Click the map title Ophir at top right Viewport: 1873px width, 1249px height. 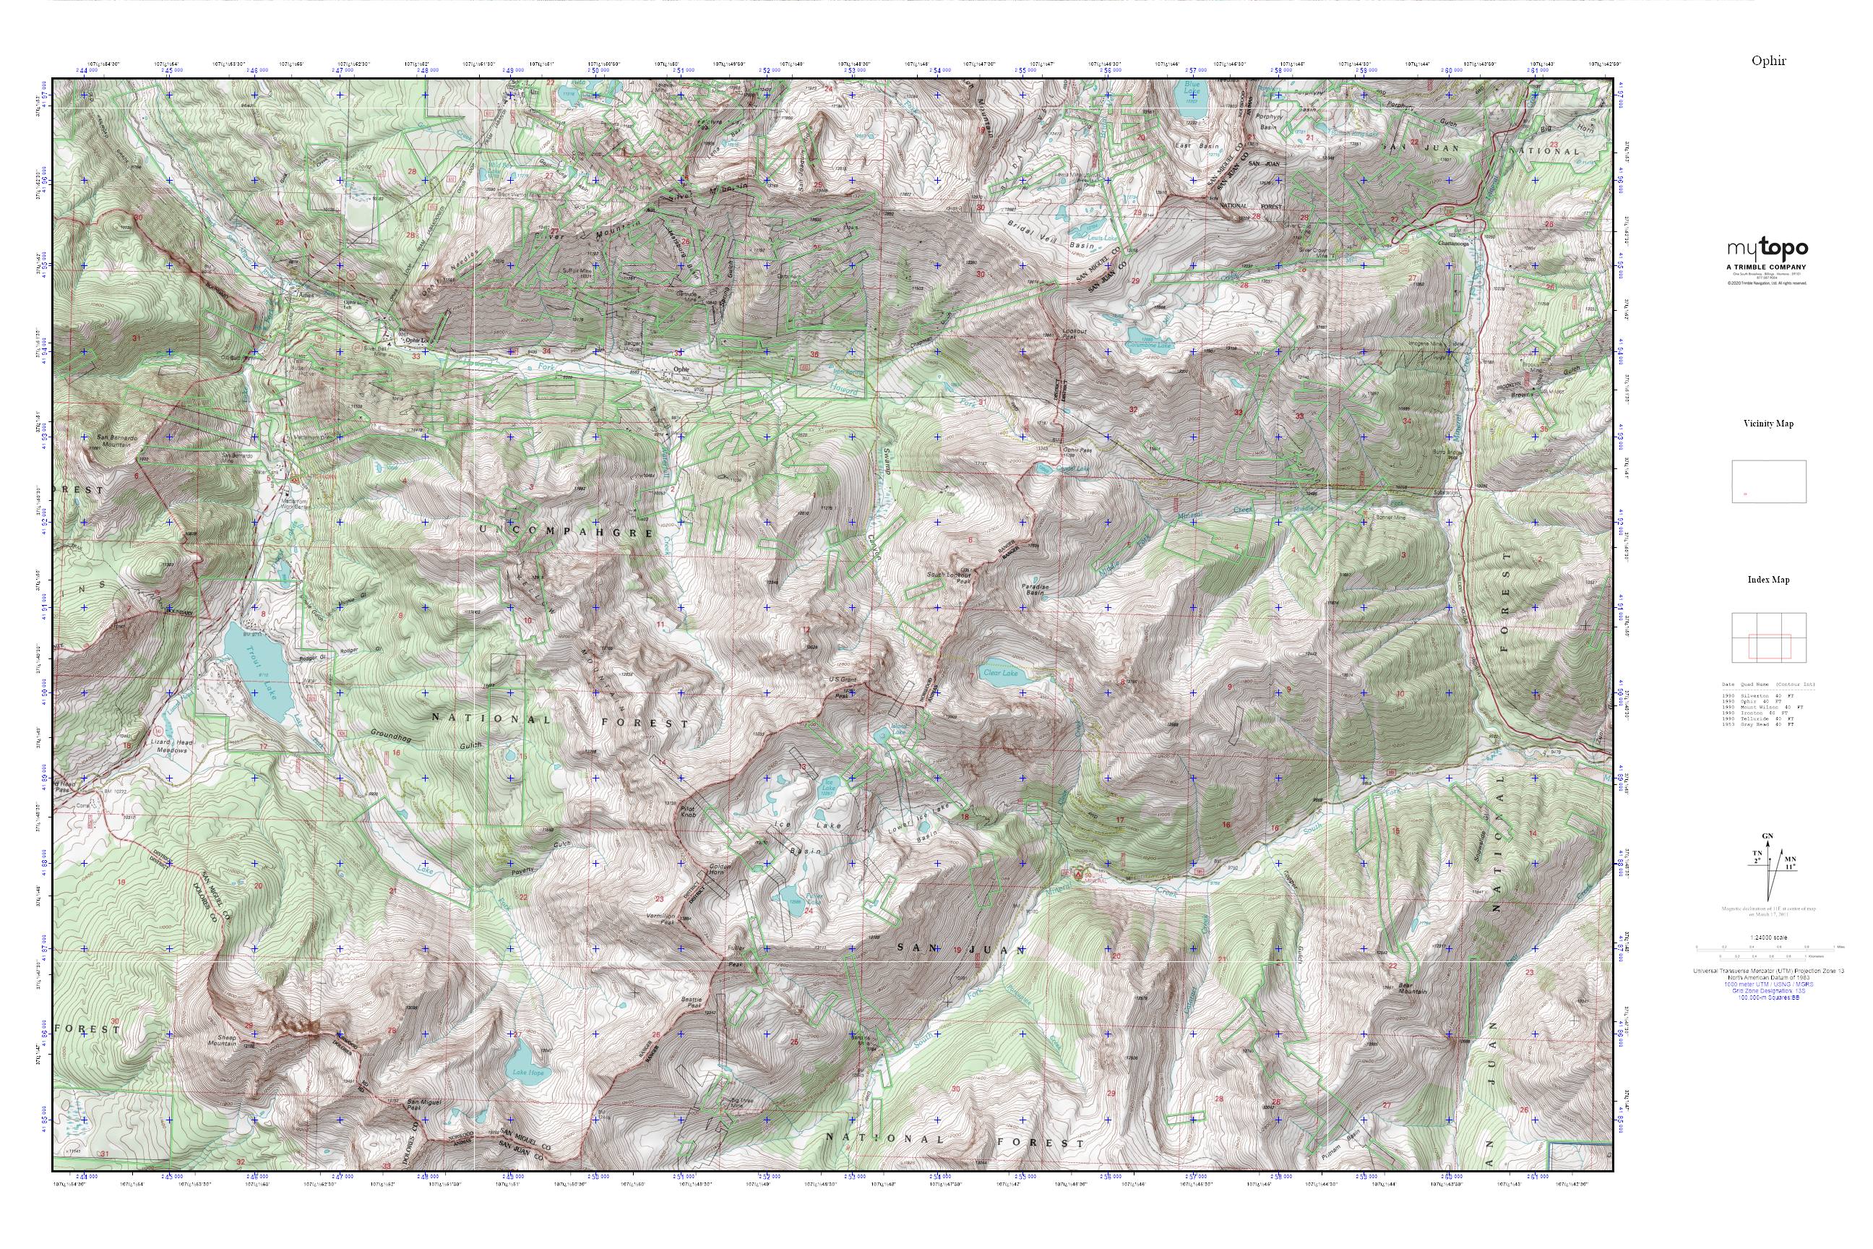[1768, 61]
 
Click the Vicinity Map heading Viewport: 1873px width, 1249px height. [1768, 424]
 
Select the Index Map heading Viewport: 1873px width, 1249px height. [1768, 580]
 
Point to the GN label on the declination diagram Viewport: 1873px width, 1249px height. [1767, 836]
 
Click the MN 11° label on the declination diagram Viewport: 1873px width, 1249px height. [1786, 862]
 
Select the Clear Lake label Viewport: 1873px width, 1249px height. [1001, 673]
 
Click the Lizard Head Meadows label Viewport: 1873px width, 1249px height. [171, 747]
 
